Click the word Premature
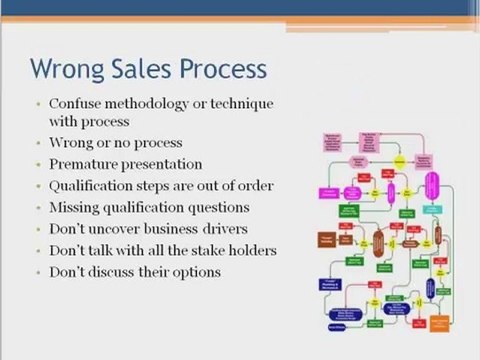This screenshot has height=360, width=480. (84, 163)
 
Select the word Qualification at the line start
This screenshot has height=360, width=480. (91, 185)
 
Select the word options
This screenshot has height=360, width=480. (192, 272)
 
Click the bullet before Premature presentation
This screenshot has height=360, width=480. (38, 163)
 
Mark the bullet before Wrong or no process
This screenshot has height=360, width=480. (38, 142)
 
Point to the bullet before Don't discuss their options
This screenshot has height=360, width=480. (38, 272)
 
